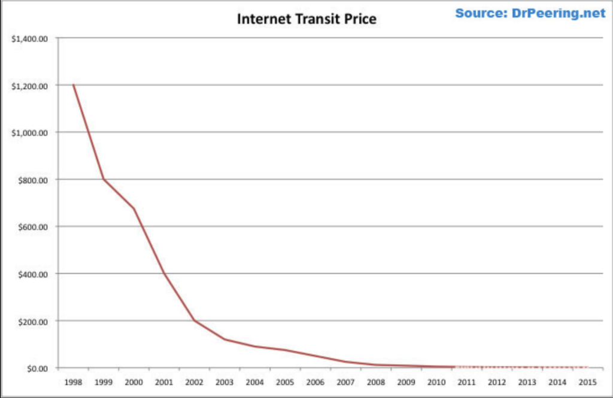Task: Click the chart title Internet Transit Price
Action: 306,19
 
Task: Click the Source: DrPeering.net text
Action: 530,13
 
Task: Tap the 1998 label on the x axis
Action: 73,381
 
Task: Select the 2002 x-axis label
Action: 194,381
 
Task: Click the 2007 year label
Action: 345,381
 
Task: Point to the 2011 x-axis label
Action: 466,381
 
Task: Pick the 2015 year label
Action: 587,381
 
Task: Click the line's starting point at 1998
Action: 73,85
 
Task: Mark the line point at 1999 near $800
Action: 104,180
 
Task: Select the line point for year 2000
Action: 133,209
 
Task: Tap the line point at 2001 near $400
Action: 164,274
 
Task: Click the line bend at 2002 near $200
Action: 194,321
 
